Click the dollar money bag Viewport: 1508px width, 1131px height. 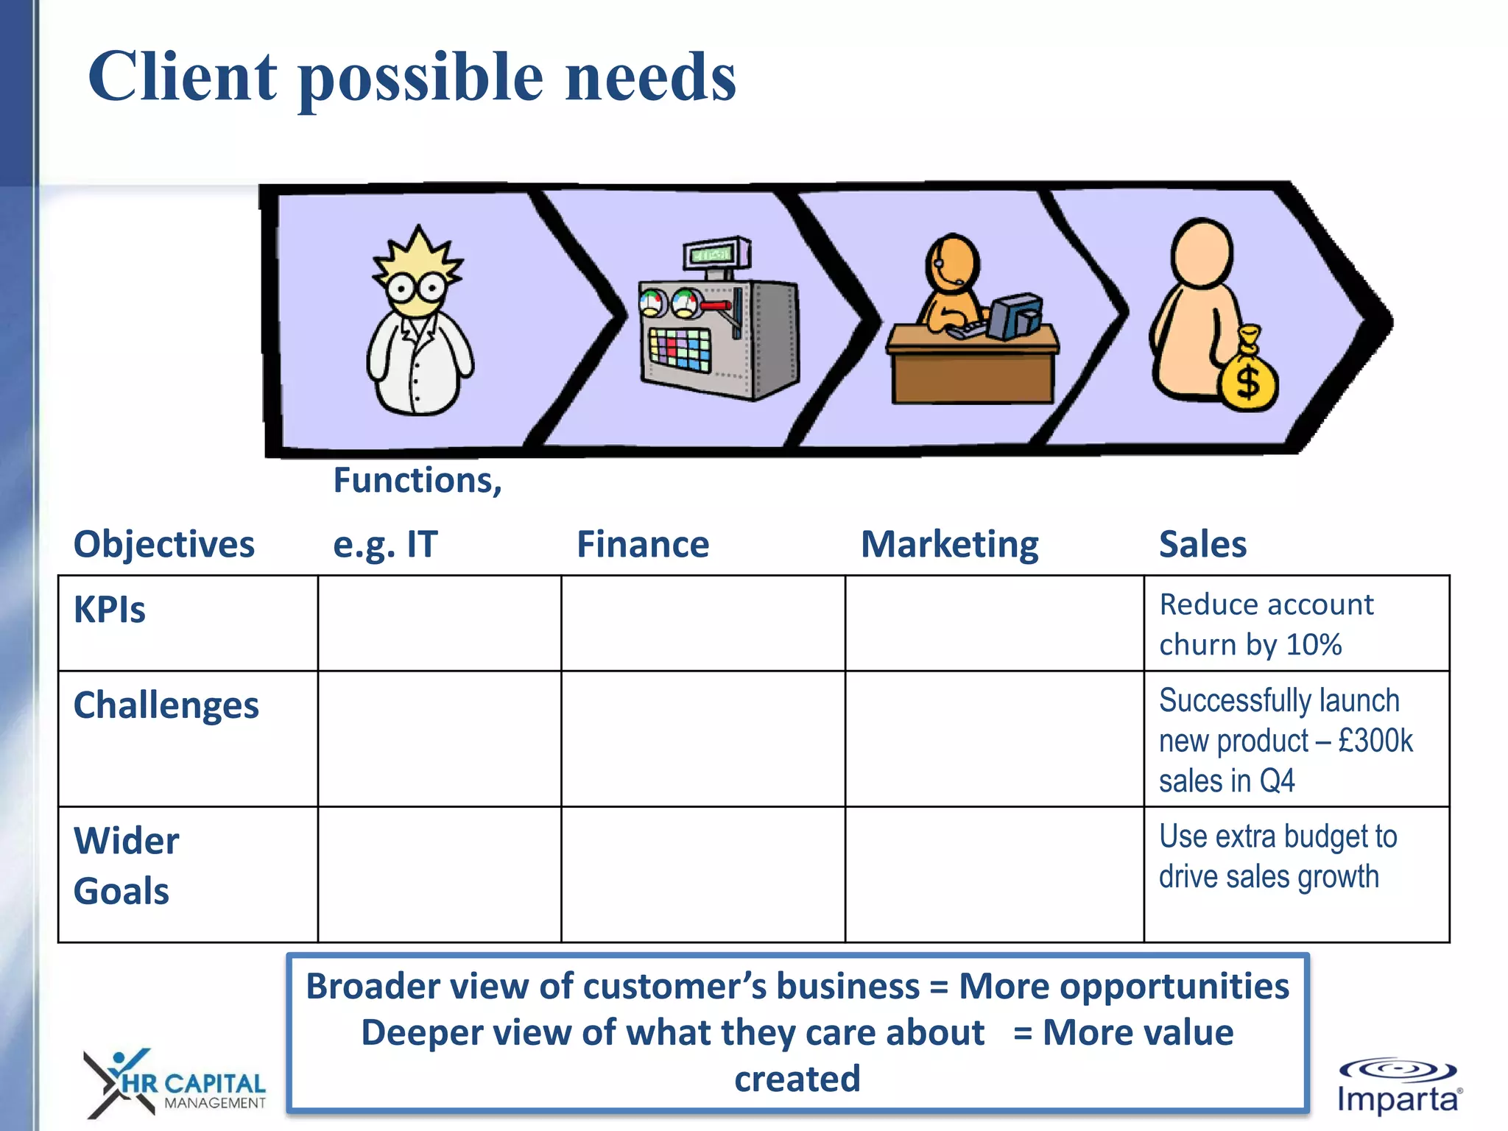1247,372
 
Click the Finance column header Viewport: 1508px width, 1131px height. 643,545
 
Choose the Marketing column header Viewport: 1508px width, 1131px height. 949,545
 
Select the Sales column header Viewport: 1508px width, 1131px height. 1202,545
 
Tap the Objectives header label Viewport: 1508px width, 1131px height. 163,545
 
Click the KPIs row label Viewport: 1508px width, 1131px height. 110,610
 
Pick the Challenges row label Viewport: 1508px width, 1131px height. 166,705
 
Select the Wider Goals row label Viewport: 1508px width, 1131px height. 126,866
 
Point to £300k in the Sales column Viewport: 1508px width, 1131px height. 1375,741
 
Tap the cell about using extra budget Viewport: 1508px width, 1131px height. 1277,856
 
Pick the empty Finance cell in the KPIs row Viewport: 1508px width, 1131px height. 702,623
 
